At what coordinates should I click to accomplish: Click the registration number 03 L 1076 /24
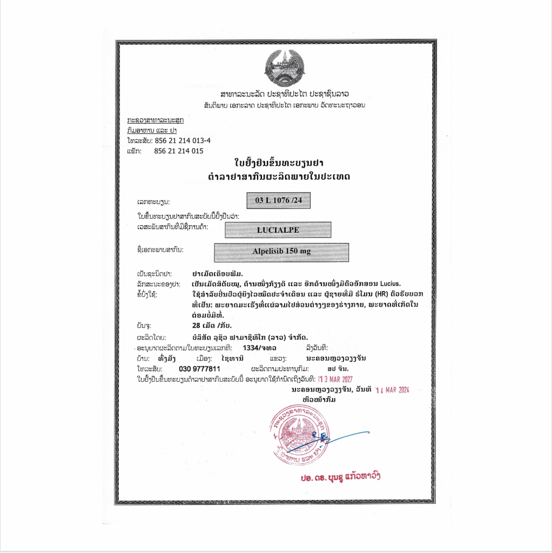pyautogui.click(x=278, y=200)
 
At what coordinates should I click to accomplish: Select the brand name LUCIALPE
pyautogui.click(x=278, y=230)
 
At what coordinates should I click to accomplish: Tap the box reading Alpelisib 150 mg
pyautogui.click(x=281, y=252)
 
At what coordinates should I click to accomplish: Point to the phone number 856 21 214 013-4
pyautogui.click(x=183, y=140)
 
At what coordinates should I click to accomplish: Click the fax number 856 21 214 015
pyautogui.click(x=179, y=151)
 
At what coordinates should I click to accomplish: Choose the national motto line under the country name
pyautogui.click(x=284, y=105)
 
